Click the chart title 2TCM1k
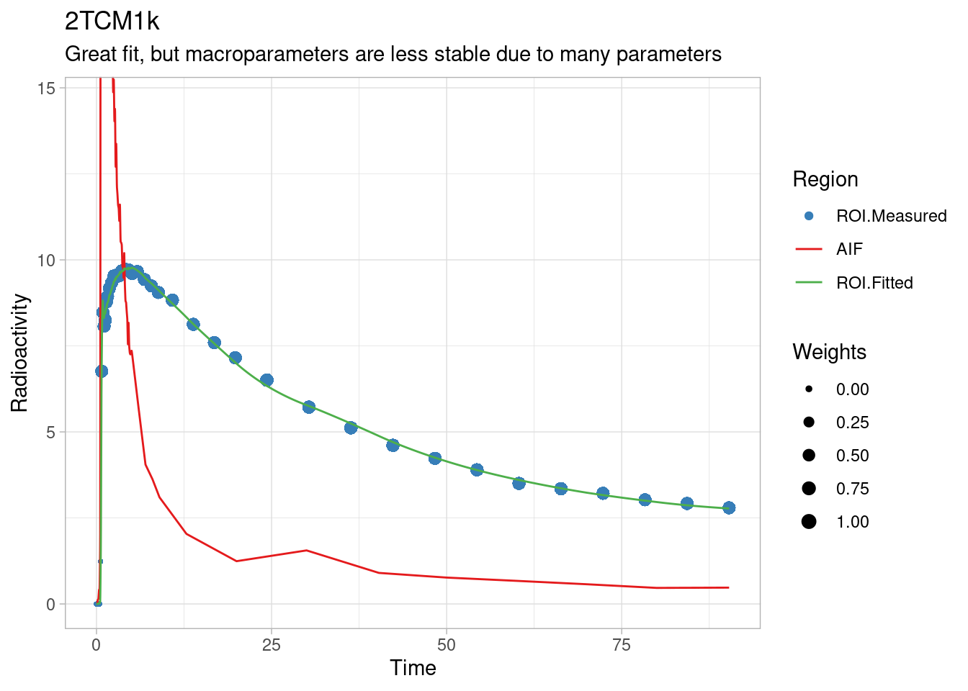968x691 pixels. tap(112, 22)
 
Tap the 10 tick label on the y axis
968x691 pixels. tap(46, 260)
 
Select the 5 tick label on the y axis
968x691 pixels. tap(50, 432)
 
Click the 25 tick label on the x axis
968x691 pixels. tap(272, 646)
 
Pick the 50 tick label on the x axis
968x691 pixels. tap(447, 646)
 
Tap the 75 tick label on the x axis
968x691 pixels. tap(622, 646)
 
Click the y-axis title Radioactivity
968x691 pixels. tap(19, 353)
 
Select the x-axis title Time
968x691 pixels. tap(413, 668)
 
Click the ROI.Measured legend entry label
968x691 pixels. tap(891, 216)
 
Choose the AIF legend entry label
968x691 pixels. tap(849, 249)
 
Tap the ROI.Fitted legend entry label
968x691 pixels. tap(874, 283)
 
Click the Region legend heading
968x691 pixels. tap(825, 179)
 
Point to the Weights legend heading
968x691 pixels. tap(829, 352)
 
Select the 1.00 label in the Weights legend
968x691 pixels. tap(852, 522)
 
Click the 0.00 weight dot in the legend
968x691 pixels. tap(809, 389)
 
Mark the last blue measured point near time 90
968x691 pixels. tap(729, 507)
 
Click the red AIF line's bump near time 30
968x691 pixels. tap(306, 550)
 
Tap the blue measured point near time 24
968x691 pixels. tap(266, 380)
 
